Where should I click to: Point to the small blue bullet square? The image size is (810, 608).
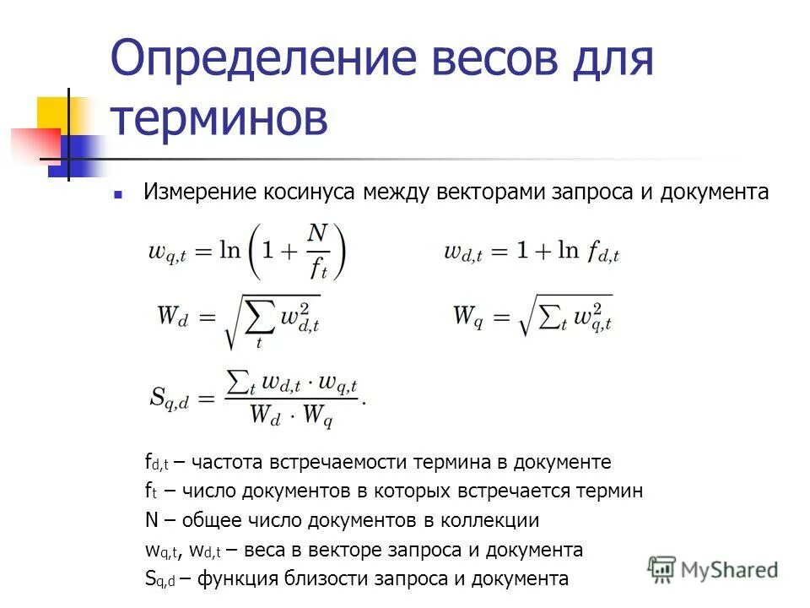coord(119,194)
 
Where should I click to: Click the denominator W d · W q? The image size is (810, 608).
coord(291,416)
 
